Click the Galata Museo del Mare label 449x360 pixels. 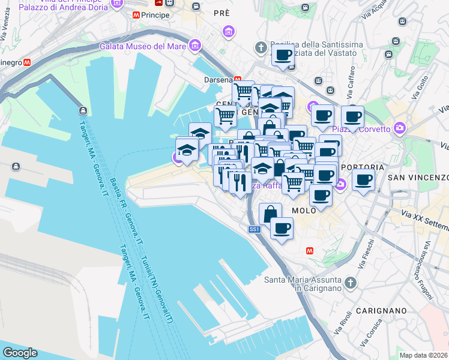point(142,46)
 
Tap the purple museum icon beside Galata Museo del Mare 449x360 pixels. point(194,45)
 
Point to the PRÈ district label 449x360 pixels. point(223,13)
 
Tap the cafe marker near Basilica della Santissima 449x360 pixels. point(283,56)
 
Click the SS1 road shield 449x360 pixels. point(255,229)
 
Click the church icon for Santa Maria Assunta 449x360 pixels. point(350,282)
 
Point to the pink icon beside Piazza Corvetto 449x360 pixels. point(399,128)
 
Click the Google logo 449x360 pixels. point(20,353)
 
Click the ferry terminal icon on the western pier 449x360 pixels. point(82,111)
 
